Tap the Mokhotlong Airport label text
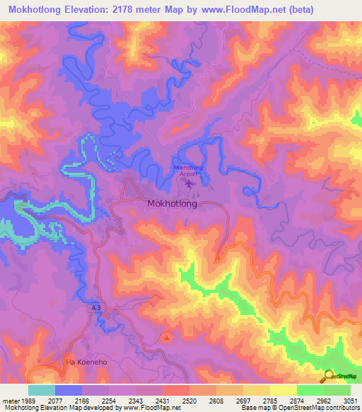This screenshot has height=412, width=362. pyautogui.click(x=187, y=170)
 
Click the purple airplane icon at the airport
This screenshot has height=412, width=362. pyautogui.click(x=189, y=184)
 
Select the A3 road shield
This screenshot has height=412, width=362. pyautogui.click(x=96, y=309)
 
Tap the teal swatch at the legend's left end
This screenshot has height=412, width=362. pyautogui.click(x=42, y=389)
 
